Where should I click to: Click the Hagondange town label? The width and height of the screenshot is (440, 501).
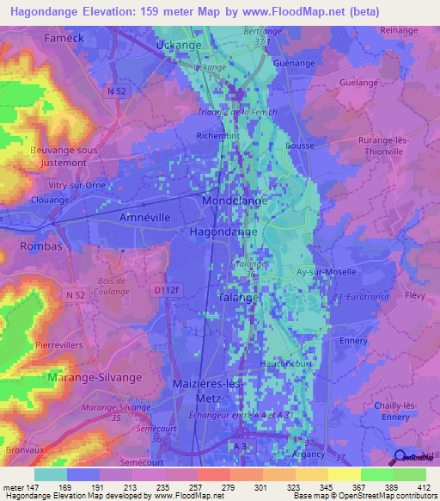[226, 232]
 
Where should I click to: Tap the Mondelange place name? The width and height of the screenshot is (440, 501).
[235, 200]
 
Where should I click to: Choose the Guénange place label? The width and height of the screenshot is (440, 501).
[294, 63]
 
